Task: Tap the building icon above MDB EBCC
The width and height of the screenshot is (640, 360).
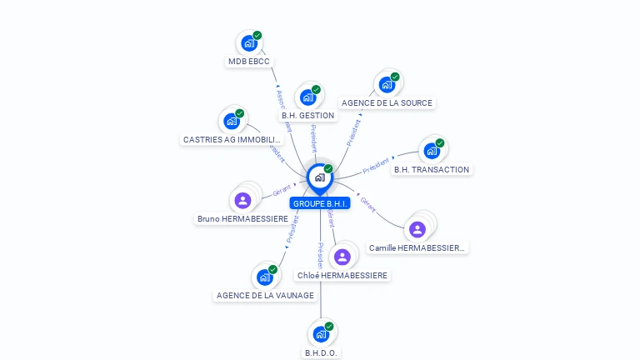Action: point(248,43)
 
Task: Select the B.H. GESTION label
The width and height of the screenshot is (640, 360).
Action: point(307,116)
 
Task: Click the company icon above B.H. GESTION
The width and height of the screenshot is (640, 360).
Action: point(308,97)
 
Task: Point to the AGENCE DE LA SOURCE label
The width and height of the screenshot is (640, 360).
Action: point(387,103)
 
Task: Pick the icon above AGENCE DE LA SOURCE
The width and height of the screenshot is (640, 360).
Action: point(387,84)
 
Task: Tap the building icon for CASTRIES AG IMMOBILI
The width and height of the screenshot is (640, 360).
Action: point(232,121)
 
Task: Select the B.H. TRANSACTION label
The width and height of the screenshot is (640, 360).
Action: point(432,170)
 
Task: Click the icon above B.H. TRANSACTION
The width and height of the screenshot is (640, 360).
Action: point(432,151)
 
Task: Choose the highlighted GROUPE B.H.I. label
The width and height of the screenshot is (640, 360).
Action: point(320,203)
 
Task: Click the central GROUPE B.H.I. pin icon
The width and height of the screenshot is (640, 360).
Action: point(319,177)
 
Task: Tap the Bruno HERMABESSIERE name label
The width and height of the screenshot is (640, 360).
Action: point(242,219)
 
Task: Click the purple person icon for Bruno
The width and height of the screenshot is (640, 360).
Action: point(242,200)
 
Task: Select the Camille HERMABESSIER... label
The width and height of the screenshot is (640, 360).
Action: point(418,248)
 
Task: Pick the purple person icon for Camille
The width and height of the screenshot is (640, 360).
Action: point(417,229)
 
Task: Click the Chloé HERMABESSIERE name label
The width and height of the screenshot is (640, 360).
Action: point(342,276)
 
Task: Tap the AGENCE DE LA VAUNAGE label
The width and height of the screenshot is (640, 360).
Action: point(265,295)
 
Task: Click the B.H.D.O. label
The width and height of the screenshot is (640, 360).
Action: point(321,352)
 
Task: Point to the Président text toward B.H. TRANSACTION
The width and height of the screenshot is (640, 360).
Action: point(377,164)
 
